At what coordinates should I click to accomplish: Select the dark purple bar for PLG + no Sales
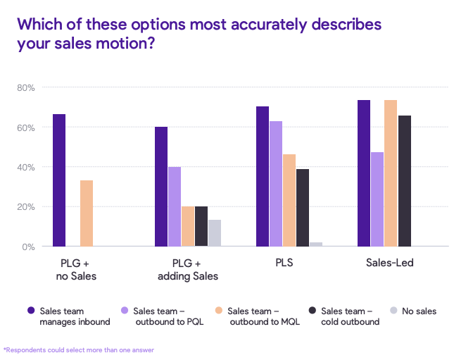point(59,180)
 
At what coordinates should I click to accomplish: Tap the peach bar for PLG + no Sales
point(87,213)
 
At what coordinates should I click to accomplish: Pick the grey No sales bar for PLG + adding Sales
point(215,233)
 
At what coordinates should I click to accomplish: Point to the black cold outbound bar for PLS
point(303,208)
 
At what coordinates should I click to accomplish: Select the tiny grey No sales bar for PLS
point(316,244)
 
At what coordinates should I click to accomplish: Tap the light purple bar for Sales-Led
point(377,199)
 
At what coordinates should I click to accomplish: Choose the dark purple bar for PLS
point(263,176)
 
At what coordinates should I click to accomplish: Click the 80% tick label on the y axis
point(26,88)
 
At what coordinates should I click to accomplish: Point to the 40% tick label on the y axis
point(26,168)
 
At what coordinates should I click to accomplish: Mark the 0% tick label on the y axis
point(29,247)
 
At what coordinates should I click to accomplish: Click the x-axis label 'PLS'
point(284,263)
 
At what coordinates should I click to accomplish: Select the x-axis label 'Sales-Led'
point(389,263)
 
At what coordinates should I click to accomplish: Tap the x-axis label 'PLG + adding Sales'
point(187,270)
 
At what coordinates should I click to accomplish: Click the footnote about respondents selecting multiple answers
point(79,349)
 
